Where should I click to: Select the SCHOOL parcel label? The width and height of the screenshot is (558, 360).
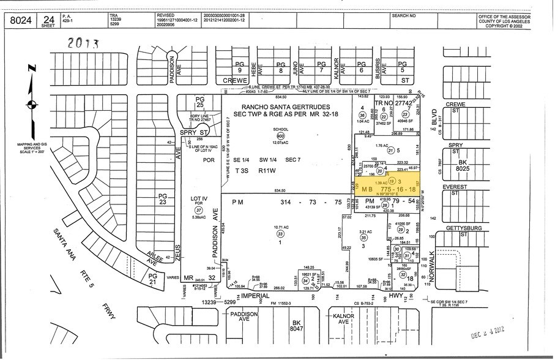(x=280, y=130)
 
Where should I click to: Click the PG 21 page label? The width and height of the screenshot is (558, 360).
(x=154, y=279)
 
